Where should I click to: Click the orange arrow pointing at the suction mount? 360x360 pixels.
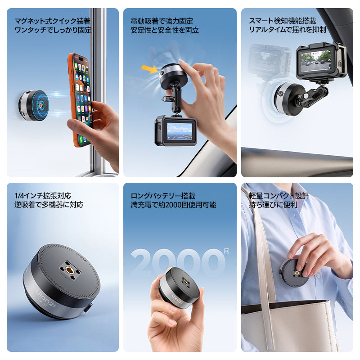(x=149, y=69)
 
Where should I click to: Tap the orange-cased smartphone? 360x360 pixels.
(x=81, y=100)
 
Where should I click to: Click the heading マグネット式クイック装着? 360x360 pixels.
(x=52, y=21)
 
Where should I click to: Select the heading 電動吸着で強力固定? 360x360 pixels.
(x=162, y=21)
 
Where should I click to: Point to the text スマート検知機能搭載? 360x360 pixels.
(x=283, y=21)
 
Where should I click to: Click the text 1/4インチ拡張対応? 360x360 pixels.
(x=43, y=196)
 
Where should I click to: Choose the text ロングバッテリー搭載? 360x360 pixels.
(x=163, y=196)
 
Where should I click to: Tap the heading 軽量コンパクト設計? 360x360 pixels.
(x=279, y=196)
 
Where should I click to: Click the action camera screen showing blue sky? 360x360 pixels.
(x=180, y=131)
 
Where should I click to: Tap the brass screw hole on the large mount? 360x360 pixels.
(x=69, y=269)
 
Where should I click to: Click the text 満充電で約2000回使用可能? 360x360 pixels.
(x=173, y=205)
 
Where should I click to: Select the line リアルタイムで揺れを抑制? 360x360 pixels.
(x=287, y=30)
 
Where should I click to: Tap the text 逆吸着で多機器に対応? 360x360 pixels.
(x=49, y=204)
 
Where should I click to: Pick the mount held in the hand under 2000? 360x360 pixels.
(x=180, y=288)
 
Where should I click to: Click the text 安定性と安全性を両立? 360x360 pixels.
(x=165, y=30)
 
